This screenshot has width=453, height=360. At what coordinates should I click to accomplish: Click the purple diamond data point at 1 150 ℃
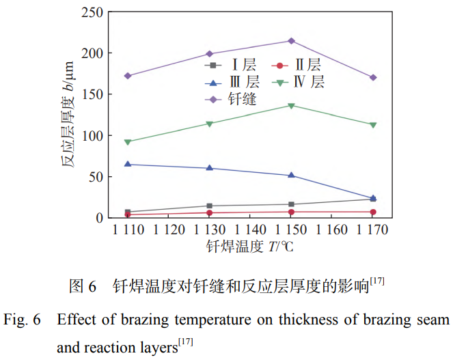[x=291, y=41]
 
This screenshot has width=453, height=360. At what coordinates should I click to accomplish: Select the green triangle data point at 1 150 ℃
[x=291, y=105]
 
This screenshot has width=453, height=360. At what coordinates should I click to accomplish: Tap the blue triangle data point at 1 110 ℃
[x=128, y=164]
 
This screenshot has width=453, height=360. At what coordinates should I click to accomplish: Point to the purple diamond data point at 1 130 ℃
[x=209, y=53]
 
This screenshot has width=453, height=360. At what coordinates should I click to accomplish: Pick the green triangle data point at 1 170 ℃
[x=373, y=124]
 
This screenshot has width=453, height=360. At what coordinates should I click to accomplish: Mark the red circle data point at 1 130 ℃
[x=209, y=212]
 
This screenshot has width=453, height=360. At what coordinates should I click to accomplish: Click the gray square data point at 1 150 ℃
[x=291, y=204]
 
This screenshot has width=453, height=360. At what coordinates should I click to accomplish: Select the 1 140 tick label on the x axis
[x=250, y=230]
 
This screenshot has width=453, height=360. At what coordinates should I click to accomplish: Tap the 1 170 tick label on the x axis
[x=373, y=230]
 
